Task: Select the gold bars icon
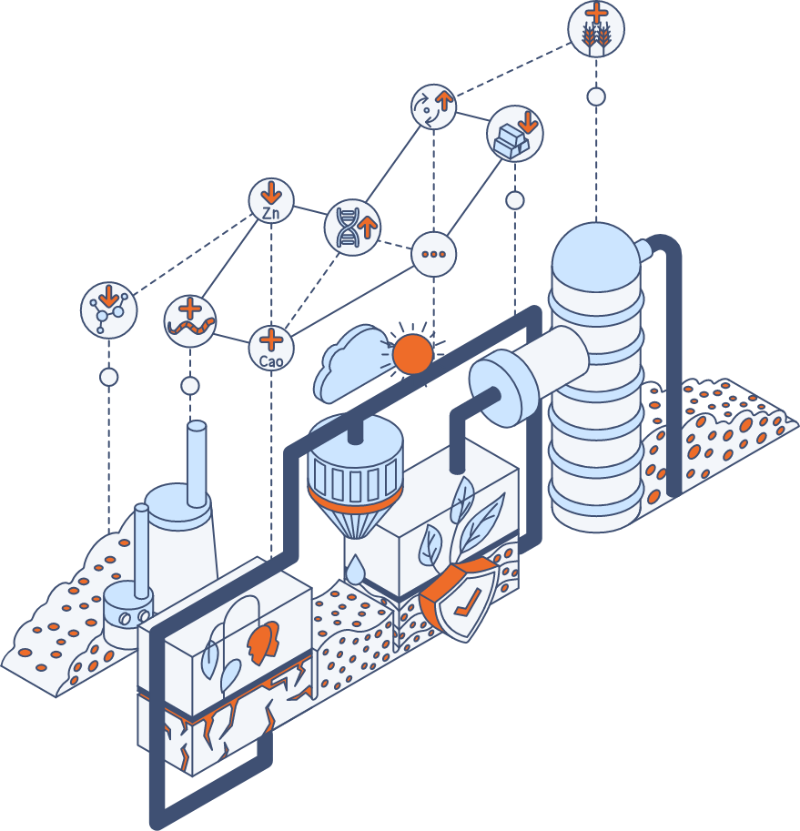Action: pos(515,133)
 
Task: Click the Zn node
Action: pos(271,201)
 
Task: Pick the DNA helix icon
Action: pos(352,226)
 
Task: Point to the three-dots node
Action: pos(432,253)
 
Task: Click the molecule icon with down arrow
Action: pos(108,309)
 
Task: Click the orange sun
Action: pos(410,354)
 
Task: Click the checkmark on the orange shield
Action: pos(467,603)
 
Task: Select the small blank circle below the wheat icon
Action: pos(596,96)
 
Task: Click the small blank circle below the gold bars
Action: pos(515,200)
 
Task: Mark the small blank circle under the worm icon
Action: pos(190,386)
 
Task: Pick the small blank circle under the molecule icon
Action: pos(109,377)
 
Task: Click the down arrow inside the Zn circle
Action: pos(271,193)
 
